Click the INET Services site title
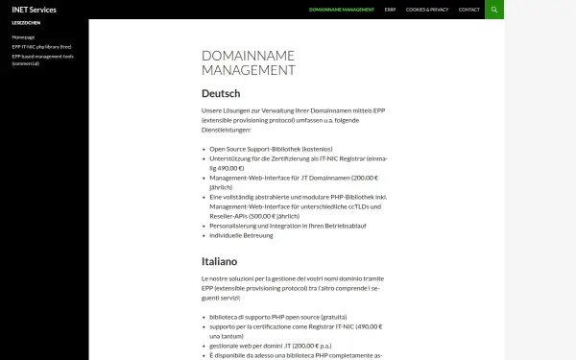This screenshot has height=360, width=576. [x=34, y=10]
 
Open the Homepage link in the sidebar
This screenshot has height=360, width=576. [x=23, y=36]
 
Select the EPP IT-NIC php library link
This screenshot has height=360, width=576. [x=41, y=46]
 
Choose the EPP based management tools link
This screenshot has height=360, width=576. [x=42, y=56]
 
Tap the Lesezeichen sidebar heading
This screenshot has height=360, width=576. [x=26, y=22]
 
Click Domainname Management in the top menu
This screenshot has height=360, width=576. [x=342, y=10]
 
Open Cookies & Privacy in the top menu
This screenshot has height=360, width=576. [x=426, y=10]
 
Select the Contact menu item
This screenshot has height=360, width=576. [x=468, y=10]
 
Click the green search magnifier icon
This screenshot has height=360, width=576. [x=494, y=10]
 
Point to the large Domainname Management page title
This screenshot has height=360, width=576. [x=249, y=62]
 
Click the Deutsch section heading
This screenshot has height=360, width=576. [x=221, y=93]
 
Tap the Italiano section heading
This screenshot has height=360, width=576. [x=220, y=260]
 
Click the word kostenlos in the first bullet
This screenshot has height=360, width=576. [x=314, y=149]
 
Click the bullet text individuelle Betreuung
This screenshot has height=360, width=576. [x=241, y=235]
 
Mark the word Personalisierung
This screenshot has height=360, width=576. [x=235, y=226]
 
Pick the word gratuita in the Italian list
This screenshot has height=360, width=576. [x=330, y=316]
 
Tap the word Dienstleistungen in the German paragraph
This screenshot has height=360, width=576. [x=226, y=130]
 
